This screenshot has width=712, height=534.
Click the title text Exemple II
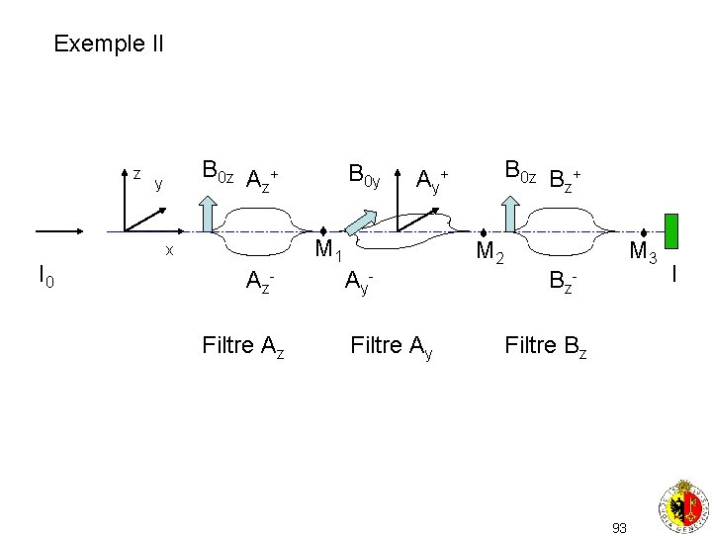(x=109, y=44)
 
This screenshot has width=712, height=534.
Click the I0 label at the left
(x=46, y=276)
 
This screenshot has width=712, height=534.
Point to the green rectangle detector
(x=671, y=230)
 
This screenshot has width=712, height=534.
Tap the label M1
(x=328, y=252)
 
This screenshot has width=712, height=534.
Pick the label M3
(x=645, y=253)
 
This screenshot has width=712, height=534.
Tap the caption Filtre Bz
(x=546, y=346)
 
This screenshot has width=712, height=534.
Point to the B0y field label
(x=364, y=177)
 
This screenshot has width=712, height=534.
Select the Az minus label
(x=259, y=283)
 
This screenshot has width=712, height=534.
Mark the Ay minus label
(x=358, y=283)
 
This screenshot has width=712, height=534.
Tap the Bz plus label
(x=565, y=180)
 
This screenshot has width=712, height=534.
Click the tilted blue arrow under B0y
(x=362, y=220)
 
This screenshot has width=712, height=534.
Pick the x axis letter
(x=169, y=251)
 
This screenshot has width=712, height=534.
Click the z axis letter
(x=136, y=175)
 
